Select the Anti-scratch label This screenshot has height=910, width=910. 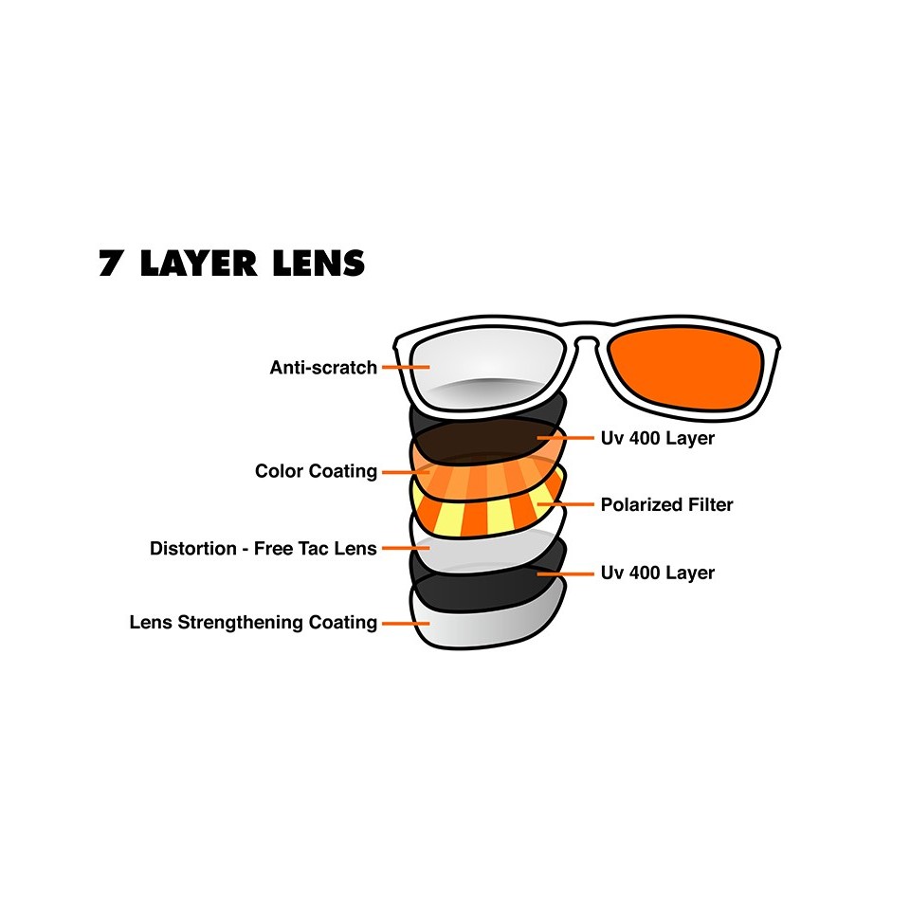323,367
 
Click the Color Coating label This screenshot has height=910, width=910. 316,471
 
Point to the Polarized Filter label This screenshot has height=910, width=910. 666,504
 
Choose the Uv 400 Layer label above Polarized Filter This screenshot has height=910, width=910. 658,438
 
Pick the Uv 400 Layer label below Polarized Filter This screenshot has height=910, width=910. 658,573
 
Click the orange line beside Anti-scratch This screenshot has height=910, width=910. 404,367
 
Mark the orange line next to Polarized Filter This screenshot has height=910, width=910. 565,504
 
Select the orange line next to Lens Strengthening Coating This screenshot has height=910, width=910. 404,623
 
